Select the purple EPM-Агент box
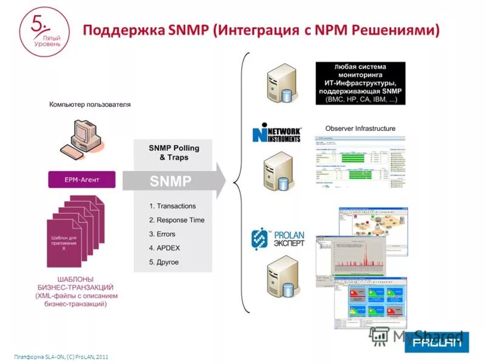82,180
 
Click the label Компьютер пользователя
90,104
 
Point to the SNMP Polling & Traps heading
174,152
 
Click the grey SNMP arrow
174,181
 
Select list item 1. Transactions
173,206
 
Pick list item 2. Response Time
177,220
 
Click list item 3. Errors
162,234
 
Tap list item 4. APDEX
165,248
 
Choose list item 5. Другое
164,262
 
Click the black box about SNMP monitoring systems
360,83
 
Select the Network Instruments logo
276,133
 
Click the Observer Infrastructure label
360,129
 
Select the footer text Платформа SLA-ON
61,356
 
